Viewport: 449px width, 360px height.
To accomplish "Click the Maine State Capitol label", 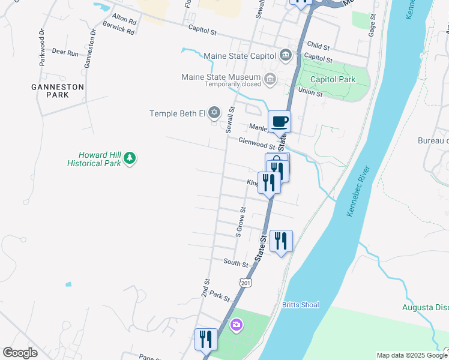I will (240, 56).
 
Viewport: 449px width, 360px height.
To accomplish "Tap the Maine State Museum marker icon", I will (270, 78).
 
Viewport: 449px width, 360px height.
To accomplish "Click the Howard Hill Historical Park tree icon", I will (130, 159).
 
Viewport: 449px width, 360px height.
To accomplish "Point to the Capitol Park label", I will (333, 79).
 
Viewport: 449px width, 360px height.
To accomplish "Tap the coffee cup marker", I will (279, 122).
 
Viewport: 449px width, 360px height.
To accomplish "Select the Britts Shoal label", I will (301, 305).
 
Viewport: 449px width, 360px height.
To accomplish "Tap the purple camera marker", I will (237, 325).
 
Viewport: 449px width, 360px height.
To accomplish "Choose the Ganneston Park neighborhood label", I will (58, 91).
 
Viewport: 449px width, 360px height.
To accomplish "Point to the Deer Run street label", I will (65, 53).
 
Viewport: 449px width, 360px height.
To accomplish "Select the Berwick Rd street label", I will (118, 28).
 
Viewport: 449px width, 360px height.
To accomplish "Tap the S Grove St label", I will (240, 220).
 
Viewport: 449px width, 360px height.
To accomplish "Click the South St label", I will (235, 263).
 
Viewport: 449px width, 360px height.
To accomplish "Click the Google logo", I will (20, 353).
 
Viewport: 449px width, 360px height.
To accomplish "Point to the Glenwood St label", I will (256, 143).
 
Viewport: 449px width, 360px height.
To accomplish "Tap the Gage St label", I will (372, 28).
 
